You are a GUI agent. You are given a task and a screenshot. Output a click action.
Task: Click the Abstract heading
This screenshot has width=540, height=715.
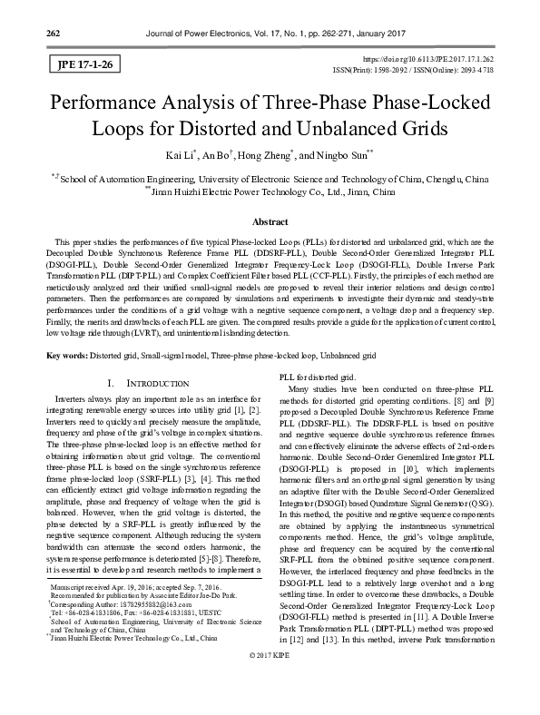point(270,221)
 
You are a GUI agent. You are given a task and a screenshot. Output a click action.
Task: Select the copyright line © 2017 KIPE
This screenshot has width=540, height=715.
point(270,704)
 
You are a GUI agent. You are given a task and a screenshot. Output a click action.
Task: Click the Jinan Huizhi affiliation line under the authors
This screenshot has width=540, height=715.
point(270,192)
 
